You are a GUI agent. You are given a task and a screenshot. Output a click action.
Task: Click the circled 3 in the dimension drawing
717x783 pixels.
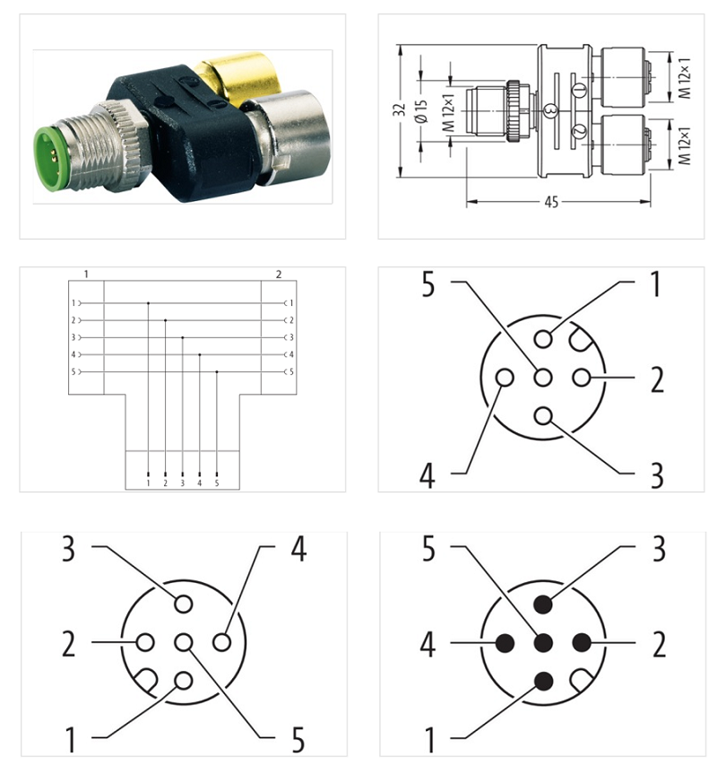[x=550, y=109]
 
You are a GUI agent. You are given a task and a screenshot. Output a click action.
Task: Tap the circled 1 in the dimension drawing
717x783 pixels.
[x=578, y=89]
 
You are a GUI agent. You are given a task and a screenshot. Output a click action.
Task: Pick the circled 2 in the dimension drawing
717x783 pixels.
[x=578, y=132]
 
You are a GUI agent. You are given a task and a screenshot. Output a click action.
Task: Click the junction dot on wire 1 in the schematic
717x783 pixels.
[x=148, y=303]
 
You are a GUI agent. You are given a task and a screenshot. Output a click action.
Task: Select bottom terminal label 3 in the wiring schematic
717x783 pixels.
[x=182, y=483]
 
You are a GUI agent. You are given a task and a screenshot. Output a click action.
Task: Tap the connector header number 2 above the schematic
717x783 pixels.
[x=278, y=273]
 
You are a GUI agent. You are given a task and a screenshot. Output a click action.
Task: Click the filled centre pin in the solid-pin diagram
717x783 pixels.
[x=543, y=642]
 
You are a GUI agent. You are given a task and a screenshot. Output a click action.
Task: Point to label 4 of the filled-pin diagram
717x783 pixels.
[x=428, y=643]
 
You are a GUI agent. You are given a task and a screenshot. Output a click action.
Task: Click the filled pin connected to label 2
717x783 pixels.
[x=582, y=642]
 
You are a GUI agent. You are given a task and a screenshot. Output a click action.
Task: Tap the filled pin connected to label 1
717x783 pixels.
[x=543, y=681]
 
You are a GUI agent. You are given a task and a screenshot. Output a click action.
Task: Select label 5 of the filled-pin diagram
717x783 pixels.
[x=428, y=549]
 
